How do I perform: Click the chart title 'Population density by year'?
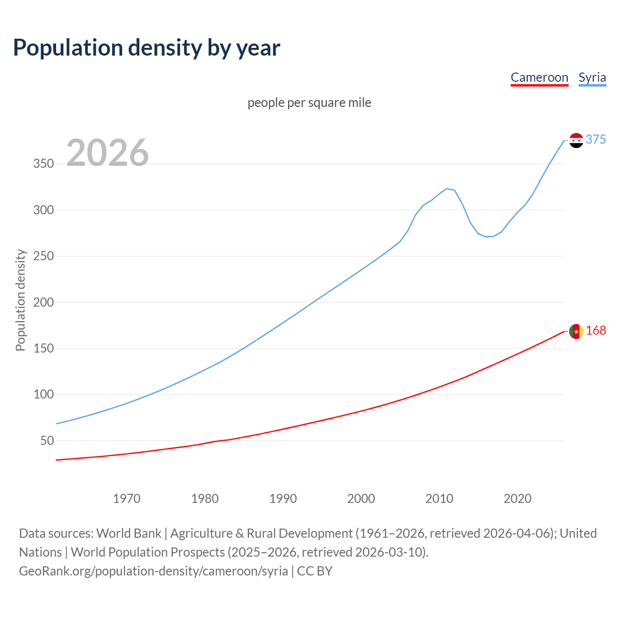pyautogui.click(x=147, y=48)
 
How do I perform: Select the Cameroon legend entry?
pyautogui.click(x=539, y=77)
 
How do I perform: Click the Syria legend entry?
pyautogui.click(x=592, y=77)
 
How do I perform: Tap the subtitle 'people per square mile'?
pyautogui.click(x=309, y=103)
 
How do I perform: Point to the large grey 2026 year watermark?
pyautogui.click(x=107, y=153)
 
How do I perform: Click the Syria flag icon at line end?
pyautogui.click(x=576, y=140)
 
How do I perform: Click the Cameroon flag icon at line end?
pyautogui.click(x=576, y=331)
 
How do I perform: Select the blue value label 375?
pyautogui.click(x=595, y=139)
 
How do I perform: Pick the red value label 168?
pyautogui.click(x=595, y=330)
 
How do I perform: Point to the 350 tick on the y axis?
pyautogui.click(x=44, y=164)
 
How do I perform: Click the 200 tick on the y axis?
pyautogui.click(x=44, y=302)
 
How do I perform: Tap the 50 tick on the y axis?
pyautogui.click(x=47, y=441)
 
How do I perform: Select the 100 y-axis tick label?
pyautogui.click(x=44, y=395)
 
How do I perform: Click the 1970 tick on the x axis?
pyautogui.click(x=127, y=499)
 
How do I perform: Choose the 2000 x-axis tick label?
pyautogui.click(x=361, y=499)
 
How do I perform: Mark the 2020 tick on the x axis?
pyautogui.click(x=517, y=499)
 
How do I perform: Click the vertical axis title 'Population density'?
pyautogui.click(x=20, y=300)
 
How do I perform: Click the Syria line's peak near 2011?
pyautogui.click(x=447, y=189)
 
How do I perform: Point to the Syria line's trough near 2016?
pyautogui.click(x=486, y=236)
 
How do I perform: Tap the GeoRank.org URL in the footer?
pyautogui.click(x=153, y=571)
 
